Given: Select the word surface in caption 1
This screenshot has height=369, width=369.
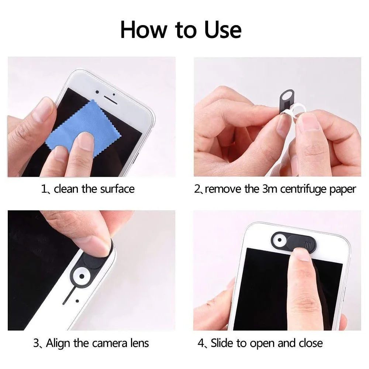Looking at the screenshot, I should click(115, 189).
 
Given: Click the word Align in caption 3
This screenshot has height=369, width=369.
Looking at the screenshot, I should click(58, 343).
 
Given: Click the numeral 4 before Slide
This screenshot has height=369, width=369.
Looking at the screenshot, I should click(201, 344).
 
